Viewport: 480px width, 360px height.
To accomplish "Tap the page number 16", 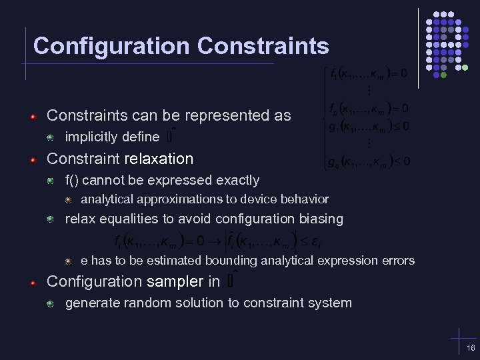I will [471, 349].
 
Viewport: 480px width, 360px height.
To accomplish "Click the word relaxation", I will [157, 159].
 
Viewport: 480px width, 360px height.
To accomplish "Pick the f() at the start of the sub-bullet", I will [73, 180].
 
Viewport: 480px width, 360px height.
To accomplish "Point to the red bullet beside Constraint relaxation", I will [33, 159].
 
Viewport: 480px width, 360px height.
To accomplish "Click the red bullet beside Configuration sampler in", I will [33, 282].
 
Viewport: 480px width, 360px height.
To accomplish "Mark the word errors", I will [397, 261].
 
